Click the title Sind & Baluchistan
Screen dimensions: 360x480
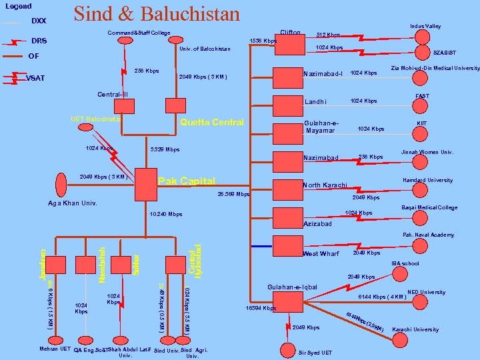coord(157,14)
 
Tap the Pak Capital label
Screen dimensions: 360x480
coord(187,181)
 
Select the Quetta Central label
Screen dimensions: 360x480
coord(212,123)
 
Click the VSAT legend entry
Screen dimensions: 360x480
coord(35,78)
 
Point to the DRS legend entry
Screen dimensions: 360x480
coord(39,41)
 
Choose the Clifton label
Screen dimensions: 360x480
coord(291,33)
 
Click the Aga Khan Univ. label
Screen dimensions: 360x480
coord(73,203)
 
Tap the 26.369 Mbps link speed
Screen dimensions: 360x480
coord(233,194)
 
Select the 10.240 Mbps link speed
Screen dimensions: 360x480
coord(166,214)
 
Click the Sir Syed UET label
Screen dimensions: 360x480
coord(315,352)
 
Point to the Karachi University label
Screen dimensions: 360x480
coord(416,329)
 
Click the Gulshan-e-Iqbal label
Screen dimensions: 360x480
coord(292,287)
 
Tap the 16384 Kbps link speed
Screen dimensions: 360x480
coord(261,308)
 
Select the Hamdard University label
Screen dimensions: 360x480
coord(427,180)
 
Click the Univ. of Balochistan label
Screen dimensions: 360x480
coord(205,49)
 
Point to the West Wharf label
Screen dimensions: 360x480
coord(321,254)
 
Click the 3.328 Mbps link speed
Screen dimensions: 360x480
coord(165,149)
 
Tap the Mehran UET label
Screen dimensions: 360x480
coord(55,349)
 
